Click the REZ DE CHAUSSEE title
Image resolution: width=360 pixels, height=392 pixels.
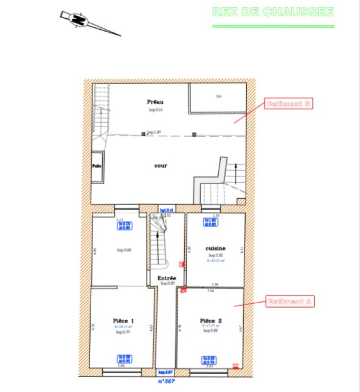click(x=273, y=12)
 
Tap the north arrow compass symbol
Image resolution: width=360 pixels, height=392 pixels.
click(x=78, y=20)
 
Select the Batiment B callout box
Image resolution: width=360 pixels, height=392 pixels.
click(x=288, y=104)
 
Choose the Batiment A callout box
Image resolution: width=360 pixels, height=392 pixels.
click(x=289, y=302)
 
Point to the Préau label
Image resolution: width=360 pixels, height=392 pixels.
click(x=156, y=102)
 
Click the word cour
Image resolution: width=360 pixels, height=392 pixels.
click(x=160, y=166)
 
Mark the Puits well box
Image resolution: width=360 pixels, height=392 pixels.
click(x=96, y=166)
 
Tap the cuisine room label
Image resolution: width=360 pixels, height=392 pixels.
click(x=216, y=249)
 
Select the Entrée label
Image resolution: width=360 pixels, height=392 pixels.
click(x=167, y=278)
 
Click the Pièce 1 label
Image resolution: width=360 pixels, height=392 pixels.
click(x=123, y=321)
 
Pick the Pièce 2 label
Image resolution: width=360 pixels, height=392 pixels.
click(x=211, y=321)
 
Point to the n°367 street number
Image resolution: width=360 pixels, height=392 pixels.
click(x=167, y=381)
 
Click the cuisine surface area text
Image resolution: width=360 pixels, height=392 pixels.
click(x=216, y=261)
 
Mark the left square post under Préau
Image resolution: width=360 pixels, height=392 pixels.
click(x=143, y=134)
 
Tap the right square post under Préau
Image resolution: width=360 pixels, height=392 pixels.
click(x=194, y=134)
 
